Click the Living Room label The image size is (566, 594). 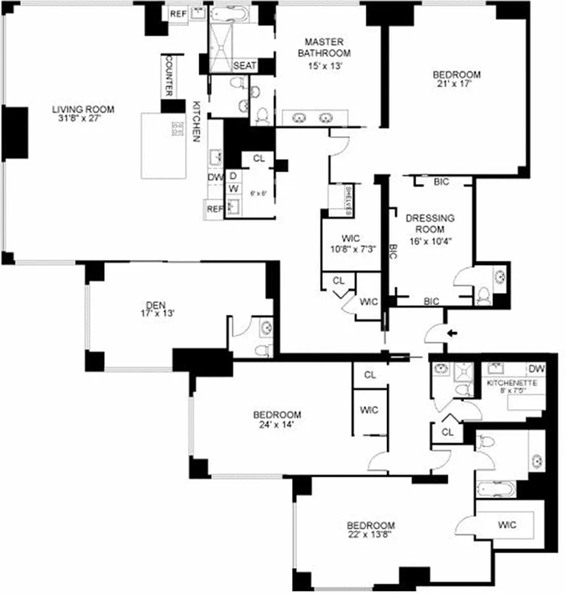[82, 110]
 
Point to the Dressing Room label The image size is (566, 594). [429, 223]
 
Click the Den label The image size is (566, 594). [154, 303]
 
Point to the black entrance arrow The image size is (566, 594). [453, 333]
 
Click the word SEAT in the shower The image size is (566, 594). [244, 66]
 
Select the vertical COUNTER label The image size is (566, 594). [169, 75]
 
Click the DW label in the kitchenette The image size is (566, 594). [536, 369]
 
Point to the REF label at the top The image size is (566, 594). [178, 13]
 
